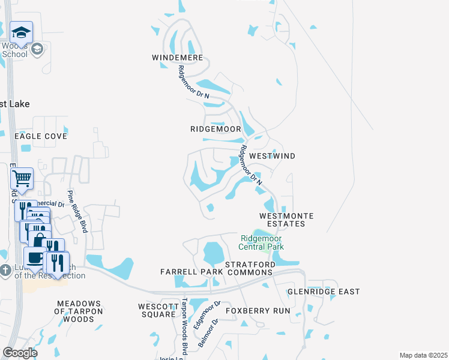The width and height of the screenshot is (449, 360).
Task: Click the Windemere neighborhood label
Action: pyautogui.click(x=178, y=58)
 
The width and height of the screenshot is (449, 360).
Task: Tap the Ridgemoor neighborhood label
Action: pyautogui.click(x=215, y=129)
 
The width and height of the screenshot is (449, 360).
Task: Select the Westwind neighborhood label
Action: pyautogui.click(x=272, y=156)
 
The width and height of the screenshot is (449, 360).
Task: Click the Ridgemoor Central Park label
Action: pyautogui.click(x=261, y=242)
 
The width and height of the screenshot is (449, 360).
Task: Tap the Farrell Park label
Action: pyautogui.click(x=191, y=272)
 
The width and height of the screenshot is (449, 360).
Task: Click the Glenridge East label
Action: pyautogui.click(x=324, y=292)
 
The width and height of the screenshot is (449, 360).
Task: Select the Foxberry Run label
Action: pyautogui.click(x=258, y=311)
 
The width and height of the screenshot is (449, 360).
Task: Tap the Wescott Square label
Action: pyautogui.click(x=157, y=310)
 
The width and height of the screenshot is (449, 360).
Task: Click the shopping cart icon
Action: pyautogui.click(x=22, y=178)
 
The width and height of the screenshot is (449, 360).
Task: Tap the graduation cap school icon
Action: pyautogui.click(x=21, y=32)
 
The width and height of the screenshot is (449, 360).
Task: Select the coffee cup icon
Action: pyautogui.click(x=35, y=257)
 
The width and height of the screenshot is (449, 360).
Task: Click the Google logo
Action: pyautogui.click(x=19, y=353)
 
